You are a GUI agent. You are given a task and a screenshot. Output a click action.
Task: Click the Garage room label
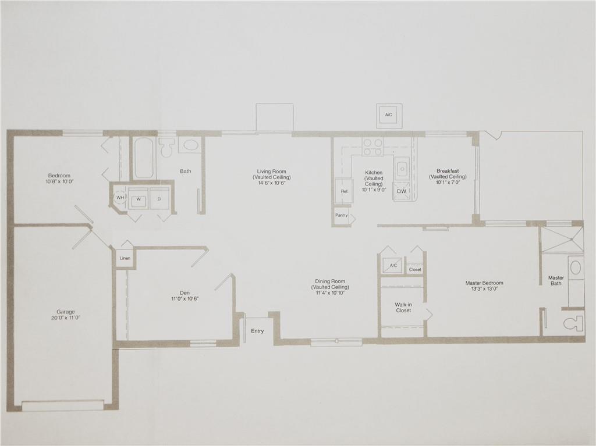coord(62,312)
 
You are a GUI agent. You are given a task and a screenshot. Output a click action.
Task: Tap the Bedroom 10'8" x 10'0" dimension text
coord(59,182)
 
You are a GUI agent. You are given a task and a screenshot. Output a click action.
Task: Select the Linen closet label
coord(125,258)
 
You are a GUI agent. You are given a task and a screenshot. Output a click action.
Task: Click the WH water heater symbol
coord(120,198)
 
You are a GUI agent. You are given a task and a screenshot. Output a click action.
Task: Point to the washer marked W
coord(139,198)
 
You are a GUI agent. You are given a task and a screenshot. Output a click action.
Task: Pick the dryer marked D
coord(159,198)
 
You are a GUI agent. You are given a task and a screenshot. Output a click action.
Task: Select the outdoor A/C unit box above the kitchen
coord(389,115)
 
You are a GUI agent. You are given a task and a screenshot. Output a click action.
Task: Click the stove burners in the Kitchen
coord(372,147)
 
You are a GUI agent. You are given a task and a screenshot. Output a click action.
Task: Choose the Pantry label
coord(342,215)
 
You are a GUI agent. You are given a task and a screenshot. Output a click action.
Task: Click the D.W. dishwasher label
coord(402,191)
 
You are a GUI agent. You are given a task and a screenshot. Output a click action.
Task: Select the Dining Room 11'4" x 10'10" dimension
coord(329,294)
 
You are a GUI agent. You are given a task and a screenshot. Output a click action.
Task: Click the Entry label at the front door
coord(257,331)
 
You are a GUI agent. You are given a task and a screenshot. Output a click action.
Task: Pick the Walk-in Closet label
coord(403,307)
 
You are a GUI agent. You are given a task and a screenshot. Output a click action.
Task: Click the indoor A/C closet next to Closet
coord(392,265)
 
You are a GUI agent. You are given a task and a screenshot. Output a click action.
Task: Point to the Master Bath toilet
coord(573,322)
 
